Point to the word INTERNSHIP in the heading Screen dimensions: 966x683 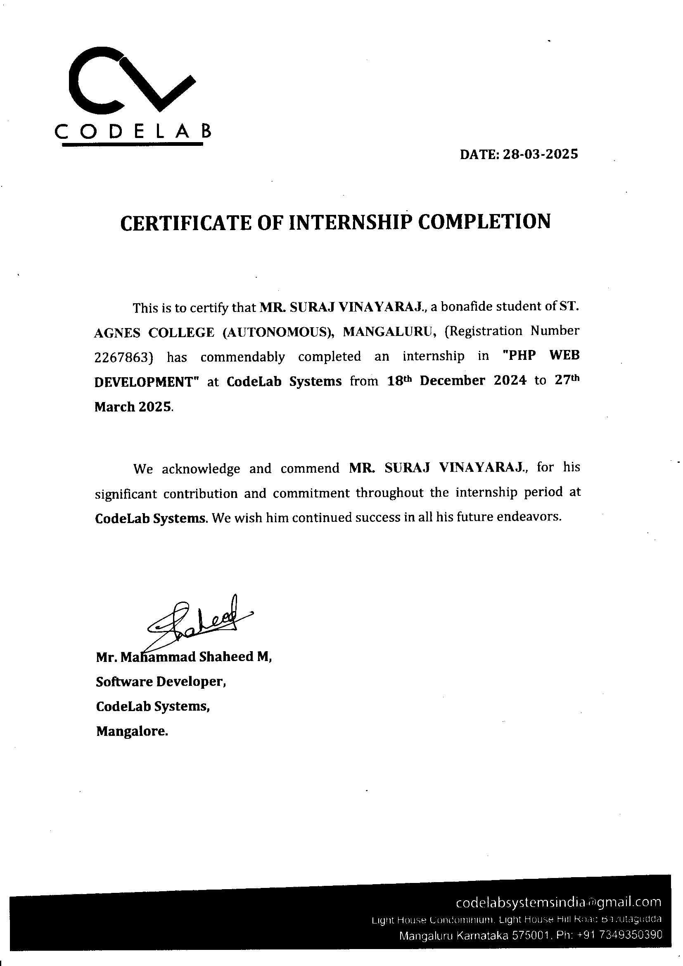click(349, 222)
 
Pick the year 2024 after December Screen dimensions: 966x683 click(510, 381)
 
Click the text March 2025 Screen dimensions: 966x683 click(133, 407)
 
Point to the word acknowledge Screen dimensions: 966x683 click(201, 469)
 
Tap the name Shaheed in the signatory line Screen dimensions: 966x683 click(225, 657)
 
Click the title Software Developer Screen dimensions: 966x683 click(161, 682)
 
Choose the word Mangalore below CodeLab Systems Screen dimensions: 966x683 click(132, 731)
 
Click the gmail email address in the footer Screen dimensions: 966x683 click(558, 902)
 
